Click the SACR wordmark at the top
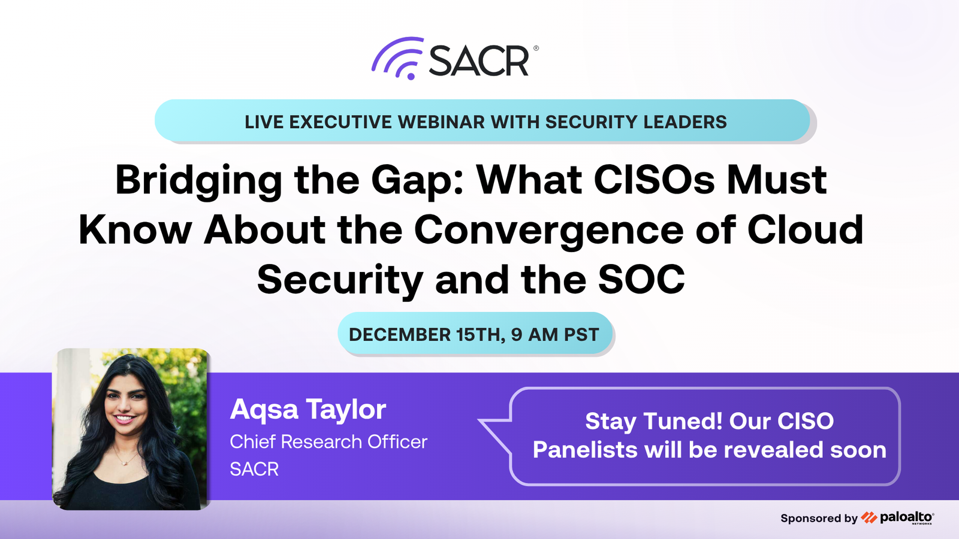pyautogui.click(x=479, y=60)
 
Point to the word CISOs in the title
pyautogui.click(x=654, y=180)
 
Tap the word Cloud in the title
pyautogui.click(x=806, y=229)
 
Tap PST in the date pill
pyautogui.click(x=581, y=335)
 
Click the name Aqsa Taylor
pyautogui.click(x=308, y=410)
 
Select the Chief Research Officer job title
pyautogui.click(x=328, y=442)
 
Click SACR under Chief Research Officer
pyautogui.click(x=254, y=470)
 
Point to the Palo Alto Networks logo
pyautogui.click(x=898, y=517)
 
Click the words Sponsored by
pyautogui.click(x=819, y=519)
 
